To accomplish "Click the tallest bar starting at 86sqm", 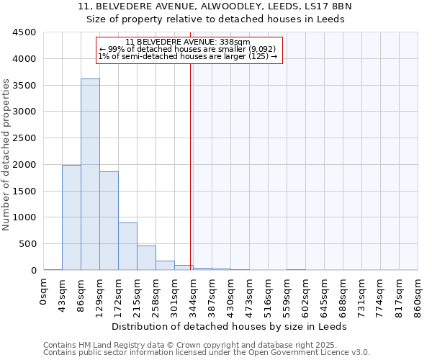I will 90,174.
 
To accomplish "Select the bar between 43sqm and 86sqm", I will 71,217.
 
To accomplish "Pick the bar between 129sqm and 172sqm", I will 109,220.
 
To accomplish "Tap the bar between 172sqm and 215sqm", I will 127,246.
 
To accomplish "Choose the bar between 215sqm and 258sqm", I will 146,258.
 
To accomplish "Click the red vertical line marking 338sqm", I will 191,166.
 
